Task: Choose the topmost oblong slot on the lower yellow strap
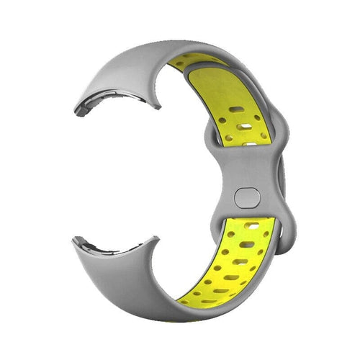click(252, 225)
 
